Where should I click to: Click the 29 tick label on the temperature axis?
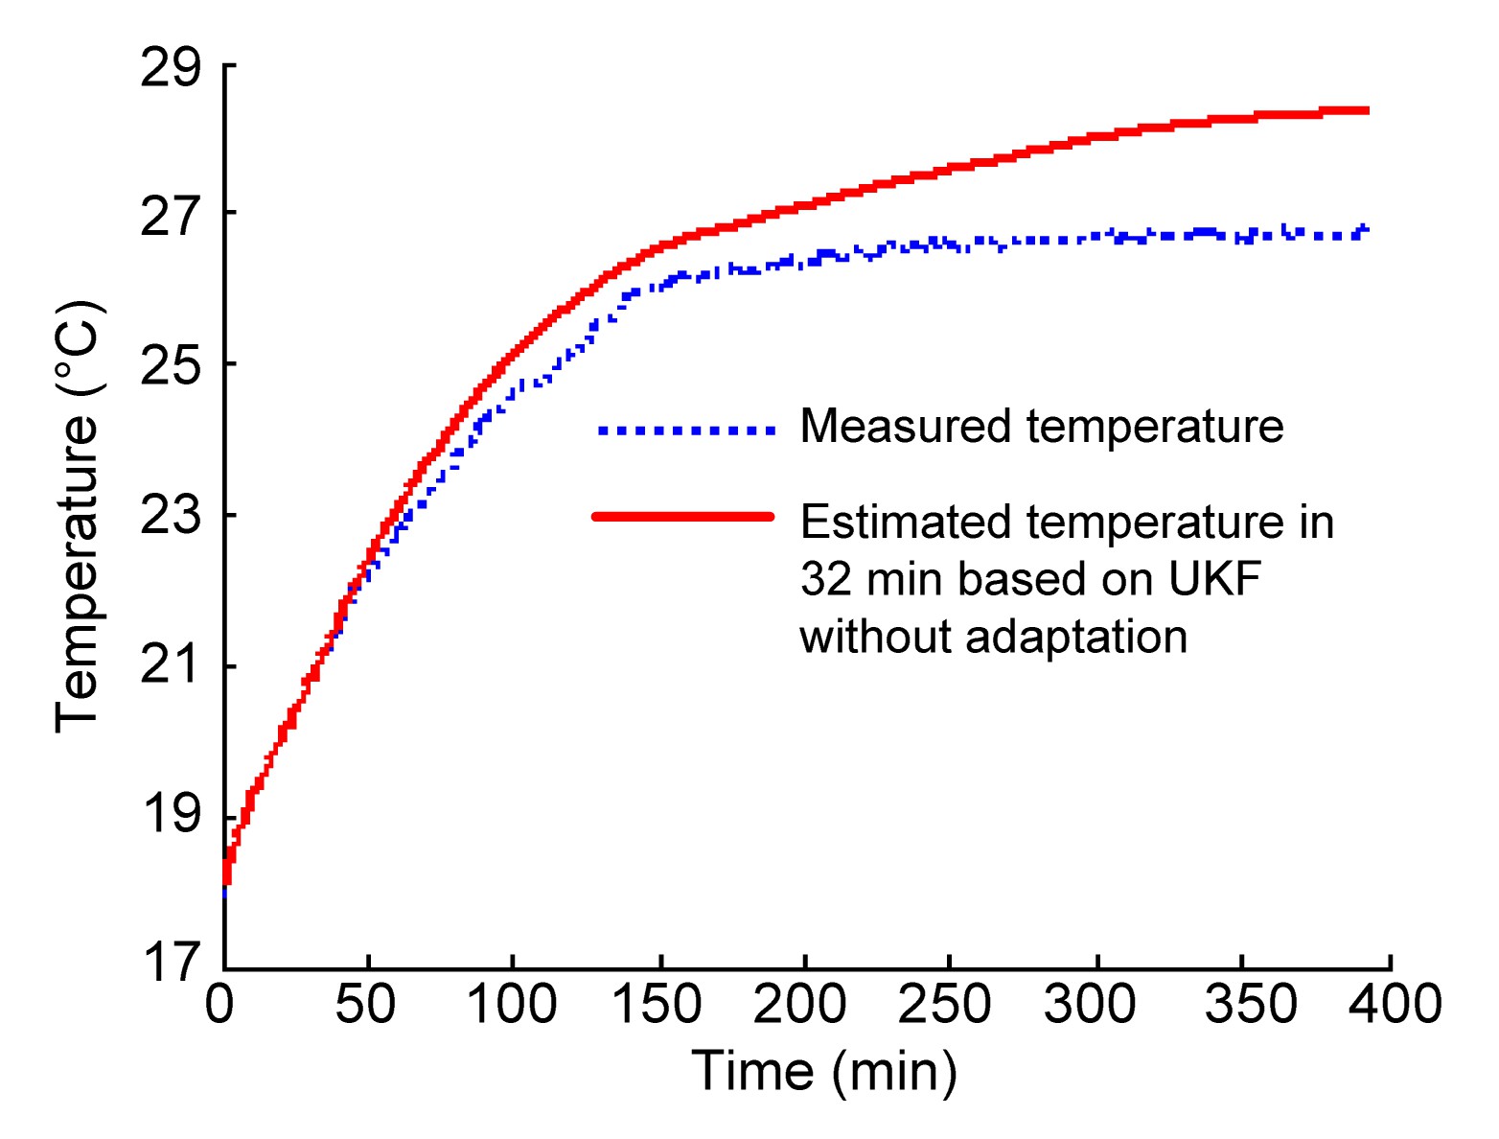172,69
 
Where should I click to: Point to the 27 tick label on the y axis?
172,217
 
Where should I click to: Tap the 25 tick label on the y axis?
172,367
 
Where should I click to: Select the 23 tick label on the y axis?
172,518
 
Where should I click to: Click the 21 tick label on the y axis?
172,667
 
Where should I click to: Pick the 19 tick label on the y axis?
172,818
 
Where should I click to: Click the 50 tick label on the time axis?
365,1005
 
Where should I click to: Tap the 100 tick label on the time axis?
511,1005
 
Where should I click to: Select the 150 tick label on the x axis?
657,1005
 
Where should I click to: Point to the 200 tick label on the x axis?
800,1005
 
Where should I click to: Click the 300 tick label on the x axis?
1090,1005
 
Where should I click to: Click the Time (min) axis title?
824,1072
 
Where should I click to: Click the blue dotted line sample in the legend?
685,430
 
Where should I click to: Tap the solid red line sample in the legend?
683,517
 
